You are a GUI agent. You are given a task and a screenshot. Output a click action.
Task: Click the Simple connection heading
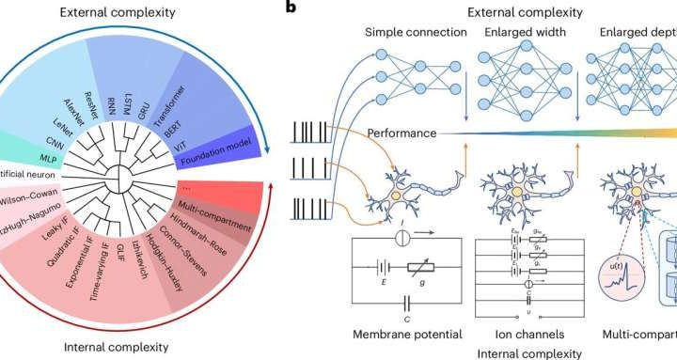tap(417, 32)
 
